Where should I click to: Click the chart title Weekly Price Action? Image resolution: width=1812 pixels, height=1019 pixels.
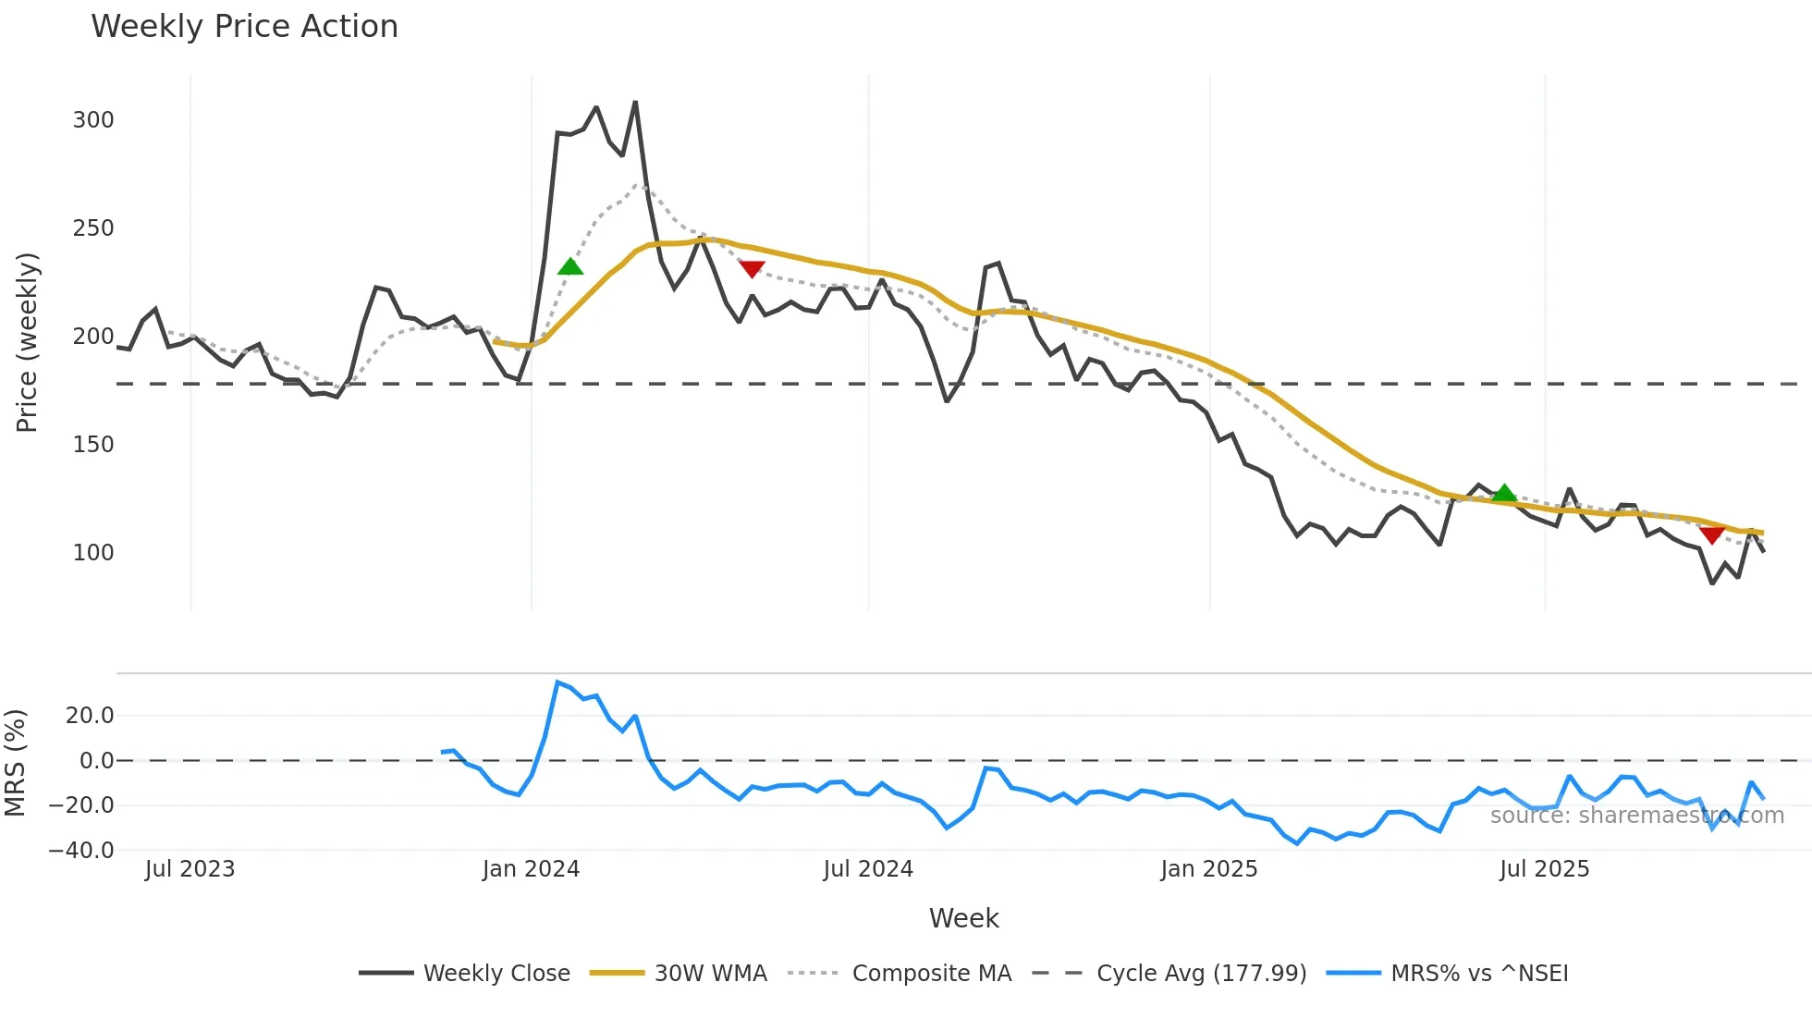coord(244,27)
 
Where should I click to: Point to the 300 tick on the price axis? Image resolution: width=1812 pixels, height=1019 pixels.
coord(93,120)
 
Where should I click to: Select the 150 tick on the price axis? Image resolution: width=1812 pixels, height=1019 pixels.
coord(93,445)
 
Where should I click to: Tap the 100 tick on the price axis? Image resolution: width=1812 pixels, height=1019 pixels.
coord(93,553)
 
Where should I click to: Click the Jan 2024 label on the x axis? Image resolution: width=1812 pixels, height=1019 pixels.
coord(531,869)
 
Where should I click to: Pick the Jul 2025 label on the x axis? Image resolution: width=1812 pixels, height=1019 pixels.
coord(1544,869)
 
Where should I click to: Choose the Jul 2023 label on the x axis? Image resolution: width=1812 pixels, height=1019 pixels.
coord(190,869)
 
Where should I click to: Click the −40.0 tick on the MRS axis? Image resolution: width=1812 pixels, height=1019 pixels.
coord(81,850)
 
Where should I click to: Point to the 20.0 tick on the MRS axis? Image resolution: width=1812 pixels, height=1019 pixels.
coord(90,715)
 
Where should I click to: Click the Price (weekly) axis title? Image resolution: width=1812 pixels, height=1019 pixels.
coord(28,342)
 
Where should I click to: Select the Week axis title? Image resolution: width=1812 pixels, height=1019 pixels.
coord(963,918)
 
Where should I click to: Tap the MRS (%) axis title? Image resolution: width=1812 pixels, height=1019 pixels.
coord(16,763)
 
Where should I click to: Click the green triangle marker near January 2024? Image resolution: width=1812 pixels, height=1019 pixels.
coord(570,267)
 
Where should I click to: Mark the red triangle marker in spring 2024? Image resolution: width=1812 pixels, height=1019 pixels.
coord(752,268)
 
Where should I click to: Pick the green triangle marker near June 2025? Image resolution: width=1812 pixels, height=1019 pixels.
coord(1504,493)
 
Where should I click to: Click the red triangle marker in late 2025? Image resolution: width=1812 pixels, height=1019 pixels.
coord(1711,534)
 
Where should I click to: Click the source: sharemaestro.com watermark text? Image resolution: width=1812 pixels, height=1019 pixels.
coord(1636,816)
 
